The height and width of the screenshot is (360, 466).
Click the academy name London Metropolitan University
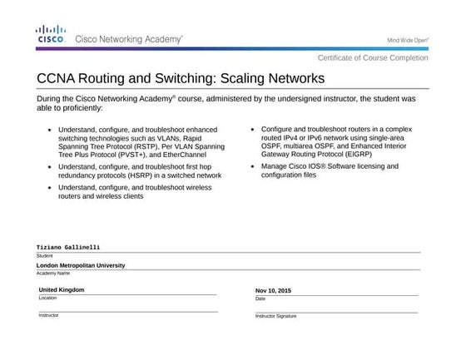coord(81,265)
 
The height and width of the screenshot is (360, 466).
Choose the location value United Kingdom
coord(62,289)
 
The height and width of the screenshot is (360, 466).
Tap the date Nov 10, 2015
coord(273,290)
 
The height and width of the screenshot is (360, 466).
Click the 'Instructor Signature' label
coord(275,316)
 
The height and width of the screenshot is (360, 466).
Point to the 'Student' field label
coord(44,255)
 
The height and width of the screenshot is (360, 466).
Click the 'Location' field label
coord(47,298)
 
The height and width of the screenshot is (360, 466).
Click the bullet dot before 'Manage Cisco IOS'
coord(253,166)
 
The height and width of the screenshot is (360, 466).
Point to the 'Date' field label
coord(260,298)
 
